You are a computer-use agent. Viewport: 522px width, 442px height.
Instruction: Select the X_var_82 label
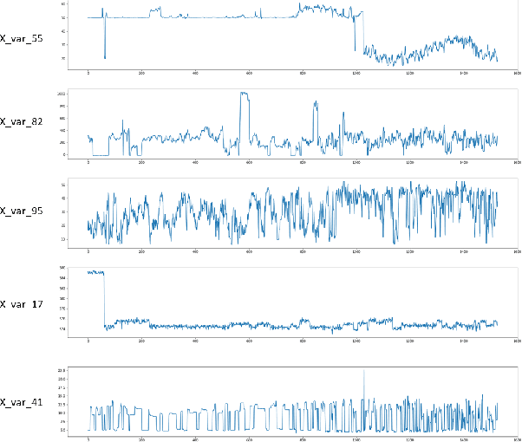point(23,121)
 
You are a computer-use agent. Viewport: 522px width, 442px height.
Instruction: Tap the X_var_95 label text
point(23,211)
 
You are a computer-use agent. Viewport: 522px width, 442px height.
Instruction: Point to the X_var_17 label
point(23,305)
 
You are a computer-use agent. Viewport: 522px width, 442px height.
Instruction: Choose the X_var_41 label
point(23,402)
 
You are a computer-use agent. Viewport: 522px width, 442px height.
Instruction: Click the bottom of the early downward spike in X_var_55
point(105,58)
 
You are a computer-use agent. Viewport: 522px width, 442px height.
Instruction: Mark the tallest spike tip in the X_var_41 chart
point(364,370)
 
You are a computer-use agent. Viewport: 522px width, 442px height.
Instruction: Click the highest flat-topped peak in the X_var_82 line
point(245,93)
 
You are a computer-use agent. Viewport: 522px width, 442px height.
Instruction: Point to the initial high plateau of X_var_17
point(95,272)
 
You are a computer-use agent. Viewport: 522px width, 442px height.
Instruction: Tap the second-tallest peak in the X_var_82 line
point(316,102)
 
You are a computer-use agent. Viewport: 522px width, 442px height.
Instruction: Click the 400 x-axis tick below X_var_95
point(196,252)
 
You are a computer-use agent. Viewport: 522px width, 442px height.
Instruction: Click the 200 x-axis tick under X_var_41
point(142,439)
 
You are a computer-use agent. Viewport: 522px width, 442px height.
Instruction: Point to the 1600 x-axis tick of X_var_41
point(516,439)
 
